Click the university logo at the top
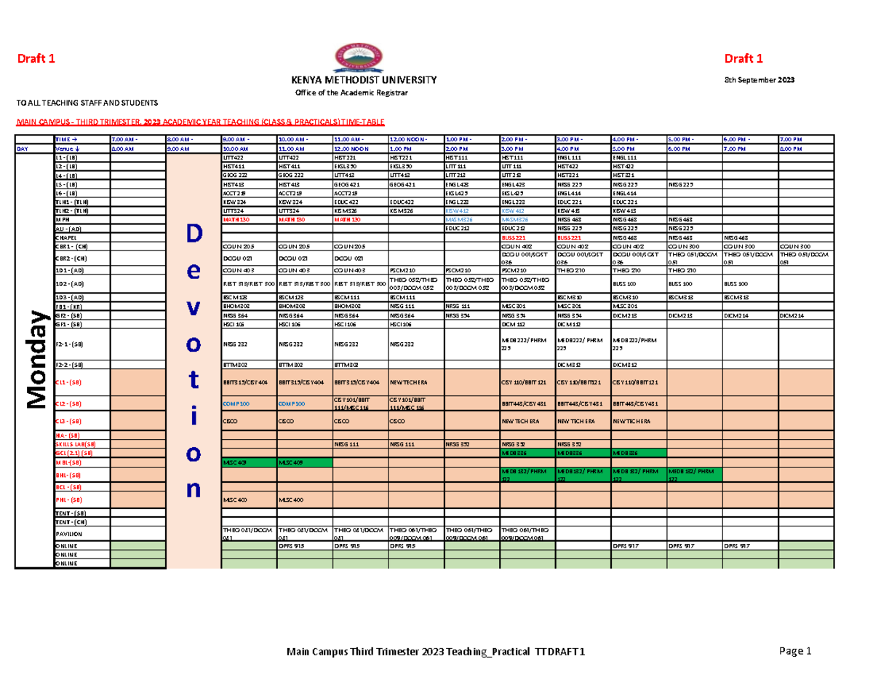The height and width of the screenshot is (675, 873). pos(357,56)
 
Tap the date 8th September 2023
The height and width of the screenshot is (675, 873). pos(750,80)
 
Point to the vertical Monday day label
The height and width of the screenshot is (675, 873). pos(35,358)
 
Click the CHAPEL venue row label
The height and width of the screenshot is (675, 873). pos(66,237)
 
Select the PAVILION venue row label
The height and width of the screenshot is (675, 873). pos(67,534)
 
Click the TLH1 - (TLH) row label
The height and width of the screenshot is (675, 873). pos(71,201)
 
